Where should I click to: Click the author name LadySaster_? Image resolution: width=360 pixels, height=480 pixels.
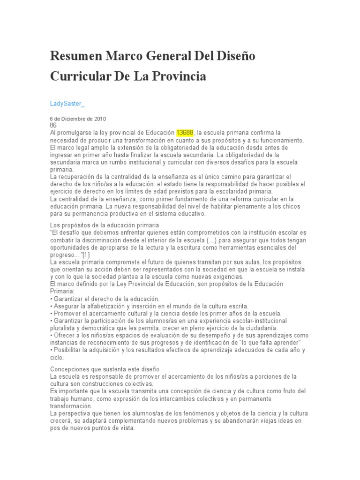tap(67, 103)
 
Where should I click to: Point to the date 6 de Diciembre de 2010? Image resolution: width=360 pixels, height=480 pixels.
tap(78, 119)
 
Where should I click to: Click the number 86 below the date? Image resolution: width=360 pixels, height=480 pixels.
tap(53, 126)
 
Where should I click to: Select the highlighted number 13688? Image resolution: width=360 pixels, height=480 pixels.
tap(185, 133)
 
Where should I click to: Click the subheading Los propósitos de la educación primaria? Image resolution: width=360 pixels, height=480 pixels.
tap(105, 225)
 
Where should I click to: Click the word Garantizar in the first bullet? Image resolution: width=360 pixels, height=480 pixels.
tap(69, 299)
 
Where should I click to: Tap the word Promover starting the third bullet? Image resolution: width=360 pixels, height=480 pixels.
tap(69, 313)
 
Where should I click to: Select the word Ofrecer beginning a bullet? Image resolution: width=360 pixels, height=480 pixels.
tap(66, 335)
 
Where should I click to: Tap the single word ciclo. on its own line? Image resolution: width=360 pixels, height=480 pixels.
tap(56, 357)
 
